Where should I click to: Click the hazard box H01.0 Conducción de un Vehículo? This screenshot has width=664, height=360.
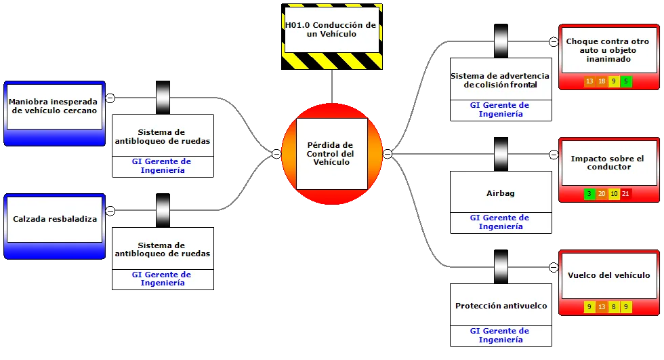[332, 37]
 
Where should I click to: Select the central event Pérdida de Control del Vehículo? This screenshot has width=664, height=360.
[332, 154]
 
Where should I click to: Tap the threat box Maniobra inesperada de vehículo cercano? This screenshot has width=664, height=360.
[55, 113]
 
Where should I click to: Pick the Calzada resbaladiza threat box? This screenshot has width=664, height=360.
[55, 226]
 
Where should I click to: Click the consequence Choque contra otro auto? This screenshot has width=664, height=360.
[609, 57]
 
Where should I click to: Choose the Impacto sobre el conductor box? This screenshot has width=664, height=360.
[609, 169]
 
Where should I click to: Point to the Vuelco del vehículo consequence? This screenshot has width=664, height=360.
[609, 283]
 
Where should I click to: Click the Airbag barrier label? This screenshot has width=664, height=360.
[501, 193]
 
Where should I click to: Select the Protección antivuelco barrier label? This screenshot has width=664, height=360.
[501, 306]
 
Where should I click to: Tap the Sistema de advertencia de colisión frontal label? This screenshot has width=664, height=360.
[500, 80]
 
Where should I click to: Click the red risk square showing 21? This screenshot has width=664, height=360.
[625, 194]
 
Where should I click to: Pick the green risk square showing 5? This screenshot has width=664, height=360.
[626, 81]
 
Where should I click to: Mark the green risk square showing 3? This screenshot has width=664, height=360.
[589, 194]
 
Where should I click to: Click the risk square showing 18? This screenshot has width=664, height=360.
[602, 81]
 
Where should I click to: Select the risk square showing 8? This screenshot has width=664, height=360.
[614, 306]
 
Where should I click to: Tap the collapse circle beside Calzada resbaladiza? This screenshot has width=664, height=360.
[110, 210]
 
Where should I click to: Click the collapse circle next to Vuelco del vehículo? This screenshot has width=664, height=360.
[554, 267]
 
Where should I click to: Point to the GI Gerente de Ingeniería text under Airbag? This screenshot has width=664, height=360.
[500, 222]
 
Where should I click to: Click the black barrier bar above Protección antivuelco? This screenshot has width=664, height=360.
[501, 267]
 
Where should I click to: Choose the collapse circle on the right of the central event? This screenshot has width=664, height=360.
[388, 154]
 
